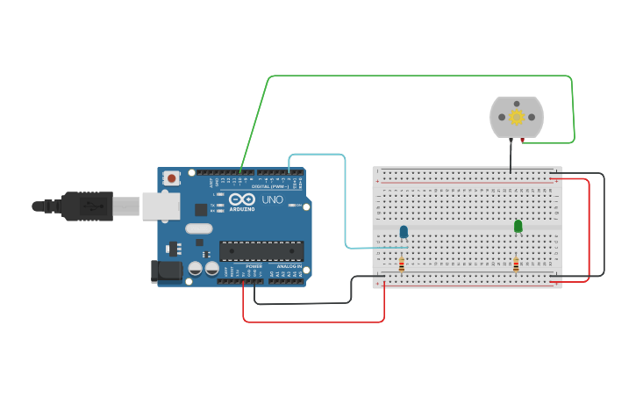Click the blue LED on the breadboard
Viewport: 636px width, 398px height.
click(x=404, y=232)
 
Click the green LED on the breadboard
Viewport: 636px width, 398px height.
click(x=518, y=226)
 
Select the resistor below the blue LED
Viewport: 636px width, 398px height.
click(x=402, y=264)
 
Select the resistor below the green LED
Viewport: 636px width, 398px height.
click(x=516, y=264)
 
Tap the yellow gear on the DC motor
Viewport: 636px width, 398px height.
click(x=517, y=117)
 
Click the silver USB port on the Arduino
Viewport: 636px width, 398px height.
click(x=161, y=206)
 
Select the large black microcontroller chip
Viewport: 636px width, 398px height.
click(x=261, y=250)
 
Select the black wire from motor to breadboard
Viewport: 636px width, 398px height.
click(x=511, y=156)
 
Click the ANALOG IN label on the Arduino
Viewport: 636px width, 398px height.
click(x=289, y=265)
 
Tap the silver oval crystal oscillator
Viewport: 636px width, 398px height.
click(x=198, y=228)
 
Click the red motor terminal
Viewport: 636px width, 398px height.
click(x=522, y=140)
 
